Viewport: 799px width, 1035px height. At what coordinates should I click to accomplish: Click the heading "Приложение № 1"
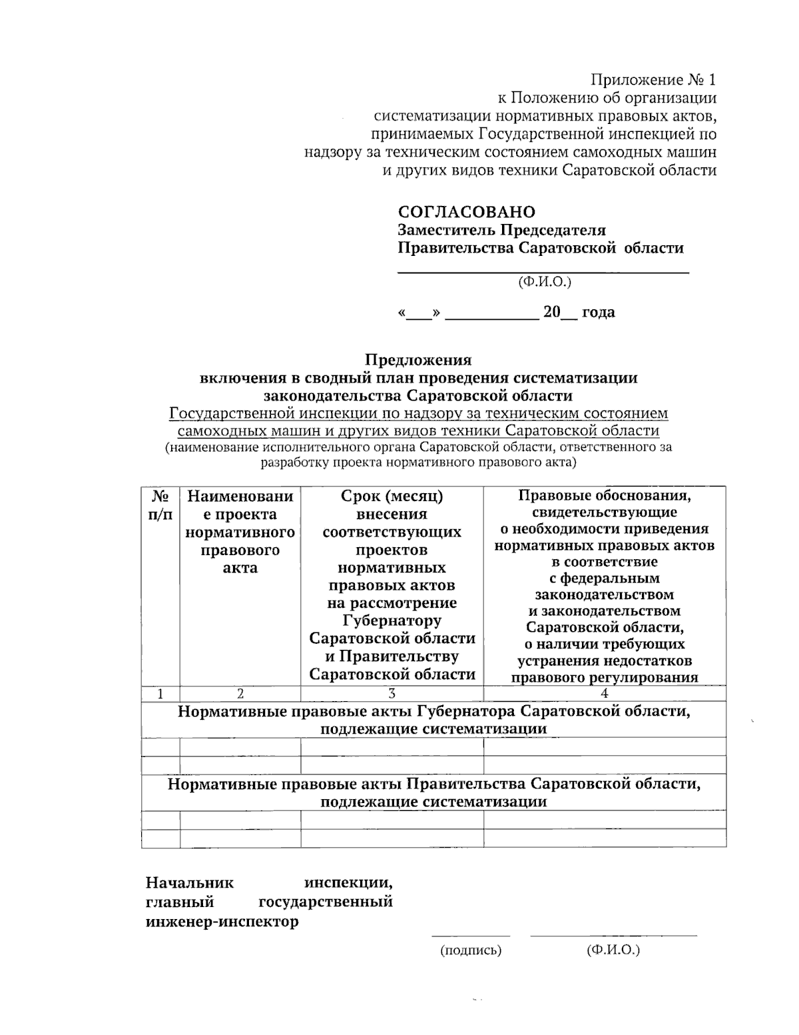[x=653, y=80]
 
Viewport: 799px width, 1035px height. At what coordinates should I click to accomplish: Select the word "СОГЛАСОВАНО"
[x=466, y=212]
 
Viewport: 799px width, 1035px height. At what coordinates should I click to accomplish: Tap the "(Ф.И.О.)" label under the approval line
[x=545, y=282]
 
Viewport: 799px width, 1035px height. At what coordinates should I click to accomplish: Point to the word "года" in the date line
[x=598, y=312]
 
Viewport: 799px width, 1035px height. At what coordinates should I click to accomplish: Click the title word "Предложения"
[x=418, y=360]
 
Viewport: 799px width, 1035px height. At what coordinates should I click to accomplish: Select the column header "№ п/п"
[x=160, y=505]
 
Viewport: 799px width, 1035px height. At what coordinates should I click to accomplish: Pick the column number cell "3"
[x=392, y=693]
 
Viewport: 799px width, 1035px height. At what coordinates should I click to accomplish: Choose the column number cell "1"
[x=160, y=693]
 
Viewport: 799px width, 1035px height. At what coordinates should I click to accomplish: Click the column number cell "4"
[x=605, y=693]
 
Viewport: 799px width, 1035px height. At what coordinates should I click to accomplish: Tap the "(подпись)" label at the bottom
[x=471, y=950]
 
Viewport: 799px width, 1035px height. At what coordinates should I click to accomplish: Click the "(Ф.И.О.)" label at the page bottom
[x=613, y=950]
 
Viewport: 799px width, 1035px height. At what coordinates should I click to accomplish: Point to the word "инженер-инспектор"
[x=222, y=922]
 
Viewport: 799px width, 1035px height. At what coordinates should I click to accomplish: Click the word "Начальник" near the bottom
[x=190, y=883]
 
